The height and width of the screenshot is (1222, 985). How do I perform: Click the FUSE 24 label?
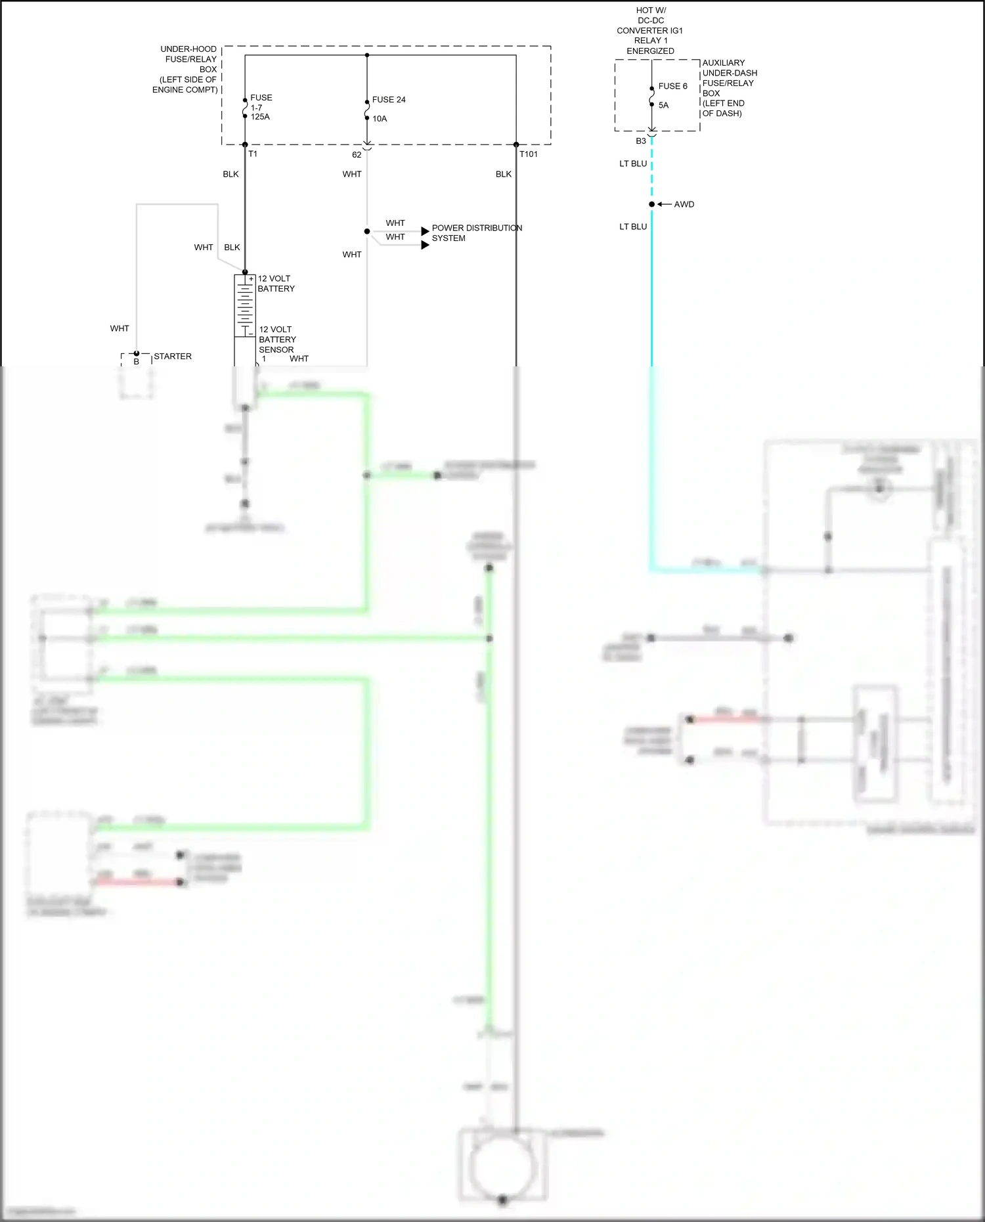pyautogui.click(x=388, y=100)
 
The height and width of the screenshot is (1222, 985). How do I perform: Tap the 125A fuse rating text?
pyautogui.click(x=260, y=117)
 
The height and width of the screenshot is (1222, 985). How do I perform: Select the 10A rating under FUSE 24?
pyautogui.click(x=380, y=119)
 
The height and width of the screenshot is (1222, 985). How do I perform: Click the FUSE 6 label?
pyautogui.click(x=672, y=86)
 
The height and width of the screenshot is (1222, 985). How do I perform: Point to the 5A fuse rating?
pyautogui.click(x=663, y=105)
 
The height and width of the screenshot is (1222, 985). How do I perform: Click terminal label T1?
pyautogui.click(x=253, y=154)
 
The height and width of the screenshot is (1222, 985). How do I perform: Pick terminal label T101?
pyautogui.click(x=528, y=154)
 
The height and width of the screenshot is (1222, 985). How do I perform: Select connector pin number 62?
pyautogui.click(x=357, y=155)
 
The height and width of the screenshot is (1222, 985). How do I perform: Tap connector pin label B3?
pyautogui.click(x=641, y=141)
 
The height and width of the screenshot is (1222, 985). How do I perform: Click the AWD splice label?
pyautogui.click(x=684, y=204)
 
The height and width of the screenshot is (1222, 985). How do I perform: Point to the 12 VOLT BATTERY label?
pyautogui.click(x=276, y=284)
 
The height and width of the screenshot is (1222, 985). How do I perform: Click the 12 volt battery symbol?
pyautogui.click(x=245, y=305)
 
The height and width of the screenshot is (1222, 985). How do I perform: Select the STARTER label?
pyautogui.click(x=173, y=357)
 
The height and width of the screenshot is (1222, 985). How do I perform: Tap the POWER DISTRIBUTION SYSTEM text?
pyautogui.click(x=476, y=233)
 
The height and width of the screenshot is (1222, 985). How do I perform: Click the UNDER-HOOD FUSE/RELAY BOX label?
pyautogui.click(x=186, y=69)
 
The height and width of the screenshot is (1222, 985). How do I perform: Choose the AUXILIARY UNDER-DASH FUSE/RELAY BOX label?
pyautogui.click(x=729, y=88)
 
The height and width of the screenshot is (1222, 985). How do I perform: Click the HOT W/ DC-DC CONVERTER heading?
pyautogui.click(x=650, y=30)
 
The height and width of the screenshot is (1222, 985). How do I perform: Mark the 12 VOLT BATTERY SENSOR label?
pyautogui.click(x=276, y=339)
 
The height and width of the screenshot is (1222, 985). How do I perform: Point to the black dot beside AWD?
pyautogui.click(x=651, y=204)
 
